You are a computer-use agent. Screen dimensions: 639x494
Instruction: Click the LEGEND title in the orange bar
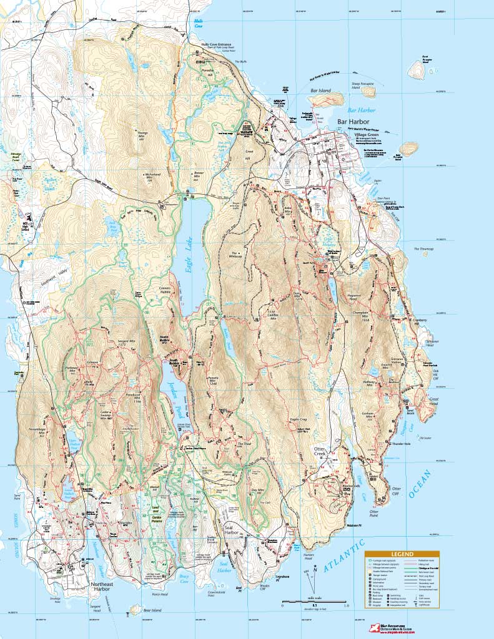(402, 554)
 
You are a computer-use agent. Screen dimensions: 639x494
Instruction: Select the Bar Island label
(320, 90)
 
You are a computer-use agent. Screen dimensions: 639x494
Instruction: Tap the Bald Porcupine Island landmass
(408, 149)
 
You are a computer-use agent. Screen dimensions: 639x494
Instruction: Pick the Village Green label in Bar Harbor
(349, 134)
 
